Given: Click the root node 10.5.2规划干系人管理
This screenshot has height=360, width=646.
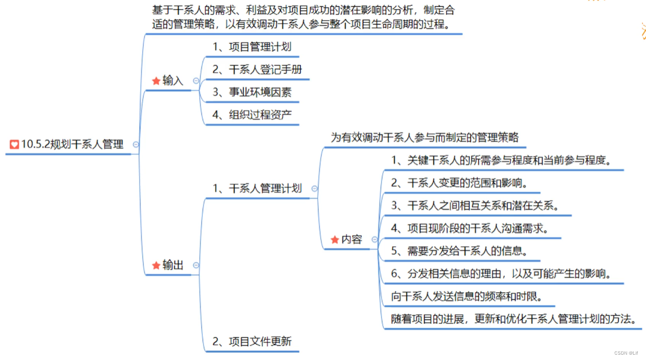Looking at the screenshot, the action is pos(72,144).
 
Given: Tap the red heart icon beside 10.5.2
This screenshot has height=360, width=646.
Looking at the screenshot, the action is pos(14,144).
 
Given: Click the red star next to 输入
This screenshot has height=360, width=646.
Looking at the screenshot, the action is pos(156,81).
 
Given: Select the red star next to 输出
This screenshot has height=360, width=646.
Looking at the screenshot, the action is pos(156,265).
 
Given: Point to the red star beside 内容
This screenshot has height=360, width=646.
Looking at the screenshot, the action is pos(335,240).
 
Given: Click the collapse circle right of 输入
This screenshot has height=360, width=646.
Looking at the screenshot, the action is pos(196,81).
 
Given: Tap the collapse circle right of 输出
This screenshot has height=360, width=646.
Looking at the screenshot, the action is pos(196,265).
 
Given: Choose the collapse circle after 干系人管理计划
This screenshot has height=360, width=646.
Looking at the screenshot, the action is pos(314,189).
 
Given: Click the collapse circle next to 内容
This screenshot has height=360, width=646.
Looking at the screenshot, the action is pos(375,240).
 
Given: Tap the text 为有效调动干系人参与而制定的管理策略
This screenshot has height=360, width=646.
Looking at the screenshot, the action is pos(425,137).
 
